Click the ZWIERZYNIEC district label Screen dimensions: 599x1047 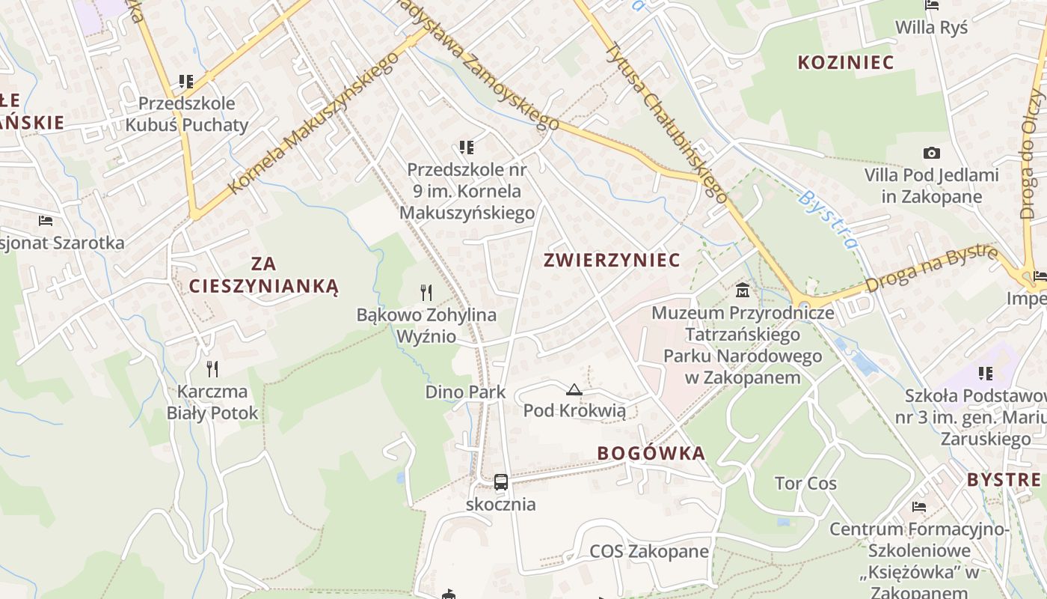[612, 260]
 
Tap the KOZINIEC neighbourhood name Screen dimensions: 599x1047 [846, 62]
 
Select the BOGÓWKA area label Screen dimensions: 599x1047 [651, 453]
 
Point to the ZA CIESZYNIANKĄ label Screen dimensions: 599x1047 [263, 275]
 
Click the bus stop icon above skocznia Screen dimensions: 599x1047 [501, 482]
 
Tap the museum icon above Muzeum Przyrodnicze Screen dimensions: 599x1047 [743, 290]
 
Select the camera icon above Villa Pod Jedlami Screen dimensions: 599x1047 [931, 153]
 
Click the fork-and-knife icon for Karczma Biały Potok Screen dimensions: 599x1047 [212, 368]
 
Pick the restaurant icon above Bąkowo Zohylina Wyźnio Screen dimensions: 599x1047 [426, 292]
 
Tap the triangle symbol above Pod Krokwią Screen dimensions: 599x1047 [574, 389]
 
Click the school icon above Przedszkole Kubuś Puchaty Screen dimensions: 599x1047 [186, 81]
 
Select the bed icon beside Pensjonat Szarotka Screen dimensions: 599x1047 [46, 221]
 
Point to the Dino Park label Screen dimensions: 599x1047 [465, 392]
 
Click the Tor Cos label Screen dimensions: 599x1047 [805, 484]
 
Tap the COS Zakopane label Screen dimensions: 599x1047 [649, 552]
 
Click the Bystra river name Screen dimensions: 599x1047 [828, 219]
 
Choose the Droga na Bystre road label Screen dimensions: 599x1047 [932, 267]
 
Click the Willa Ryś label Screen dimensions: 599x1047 [931, 28]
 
